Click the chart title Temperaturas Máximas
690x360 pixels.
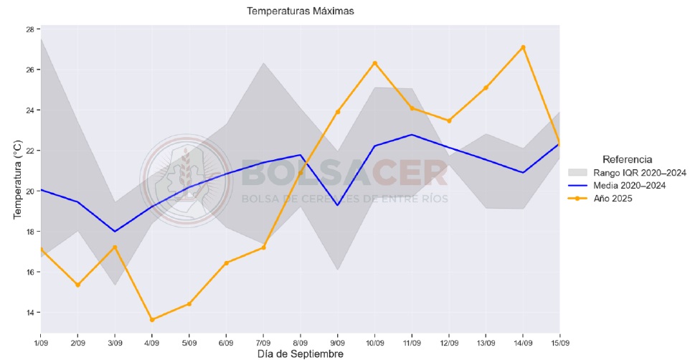(300, 11)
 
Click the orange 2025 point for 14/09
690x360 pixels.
(523, 47)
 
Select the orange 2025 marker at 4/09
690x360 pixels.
(152, 320)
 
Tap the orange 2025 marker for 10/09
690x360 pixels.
(374, 63)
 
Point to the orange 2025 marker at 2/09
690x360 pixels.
(77, 285)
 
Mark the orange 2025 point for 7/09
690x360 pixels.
(263, 247)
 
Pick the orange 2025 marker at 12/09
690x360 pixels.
(449, 120)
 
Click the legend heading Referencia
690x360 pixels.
(627, 159)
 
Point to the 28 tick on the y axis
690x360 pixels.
(30, 29)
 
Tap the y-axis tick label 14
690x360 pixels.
(30, 313)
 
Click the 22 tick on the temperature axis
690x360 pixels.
(30, 151)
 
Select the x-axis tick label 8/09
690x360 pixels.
(301, 342)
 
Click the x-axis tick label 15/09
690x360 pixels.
(559, 342)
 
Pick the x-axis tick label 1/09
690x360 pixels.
(40, 342)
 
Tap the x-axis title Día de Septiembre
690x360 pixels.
(300, 354)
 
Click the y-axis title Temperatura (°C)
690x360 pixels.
(18, 180)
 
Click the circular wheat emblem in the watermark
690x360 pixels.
(186, 179)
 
